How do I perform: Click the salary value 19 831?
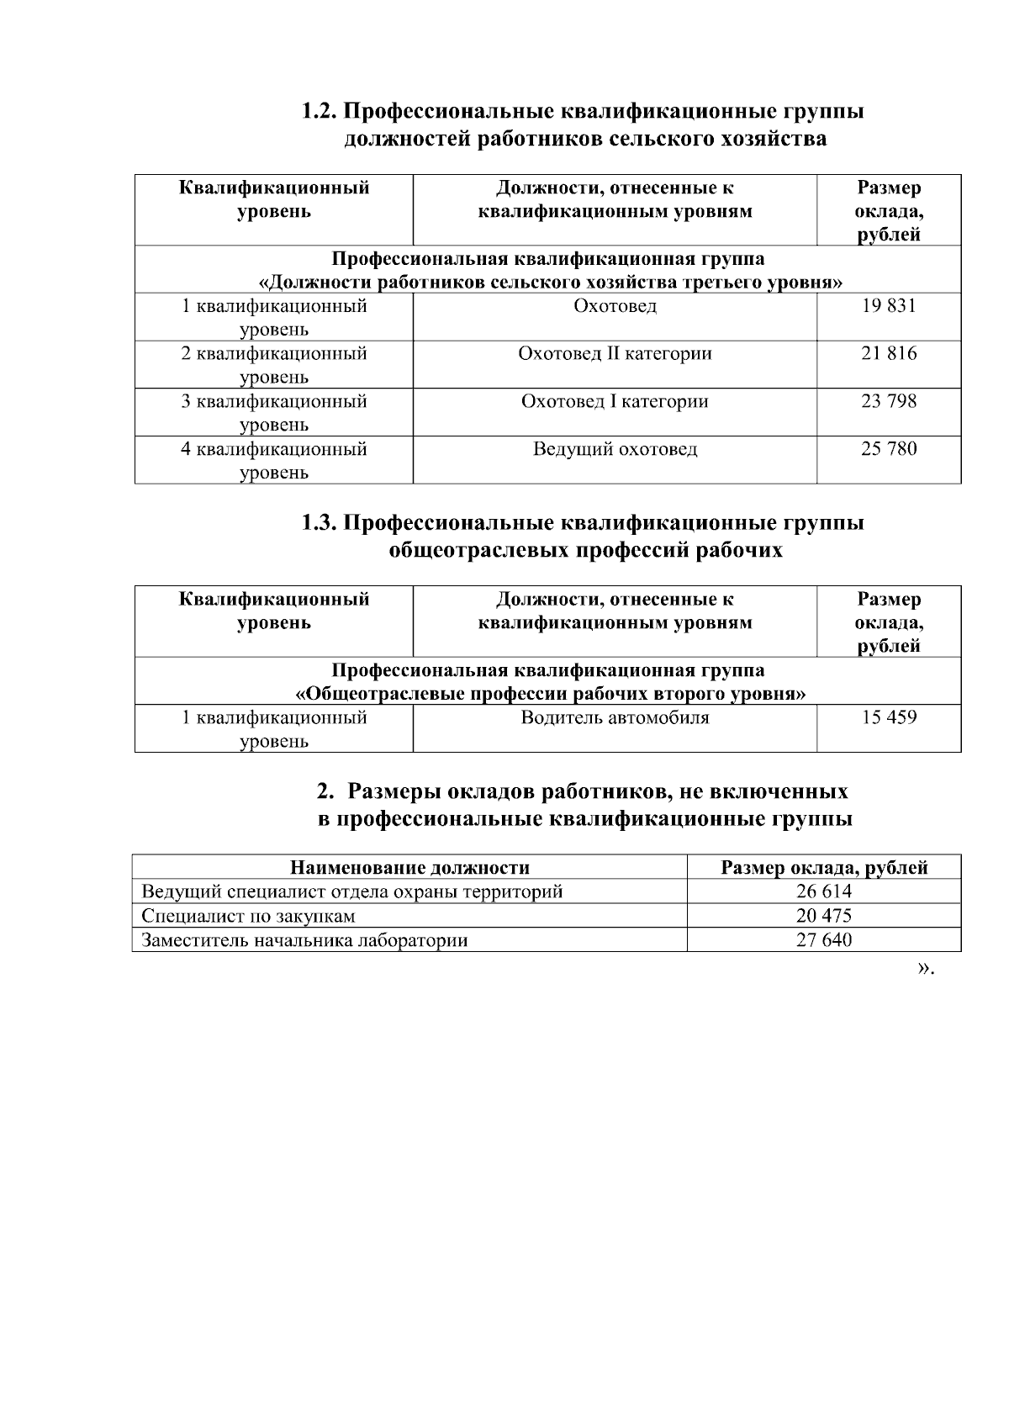tap(888, 306)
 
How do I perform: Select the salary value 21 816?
tap(888, 354)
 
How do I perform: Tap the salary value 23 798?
tap(888, 402)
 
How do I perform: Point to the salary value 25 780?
tap(888, 449)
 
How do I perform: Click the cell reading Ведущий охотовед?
tap(615, 449)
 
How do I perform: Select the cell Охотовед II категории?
tap(615, 354)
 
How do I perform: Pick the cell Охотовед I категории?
tap(615, 402)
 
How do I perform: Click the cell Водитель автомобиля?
tap(615, 718)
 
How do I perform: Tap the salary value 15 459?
tap(888, 718)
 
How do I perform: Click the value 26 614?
tap(823, 891)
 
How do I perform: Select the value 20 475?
tap(823, 916)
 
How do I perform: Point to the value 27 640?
tap(823, 940)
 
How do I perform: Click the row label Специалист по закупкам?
tap(248, 916)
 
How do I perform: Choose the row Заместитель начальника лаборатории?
tap(304, 940)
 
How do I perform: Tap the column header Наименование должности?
tap(409, 868)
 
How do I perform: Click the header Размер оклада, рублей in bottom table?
tap(824, 868)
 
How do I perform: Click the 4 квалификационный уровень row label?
tap(274, 460)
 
